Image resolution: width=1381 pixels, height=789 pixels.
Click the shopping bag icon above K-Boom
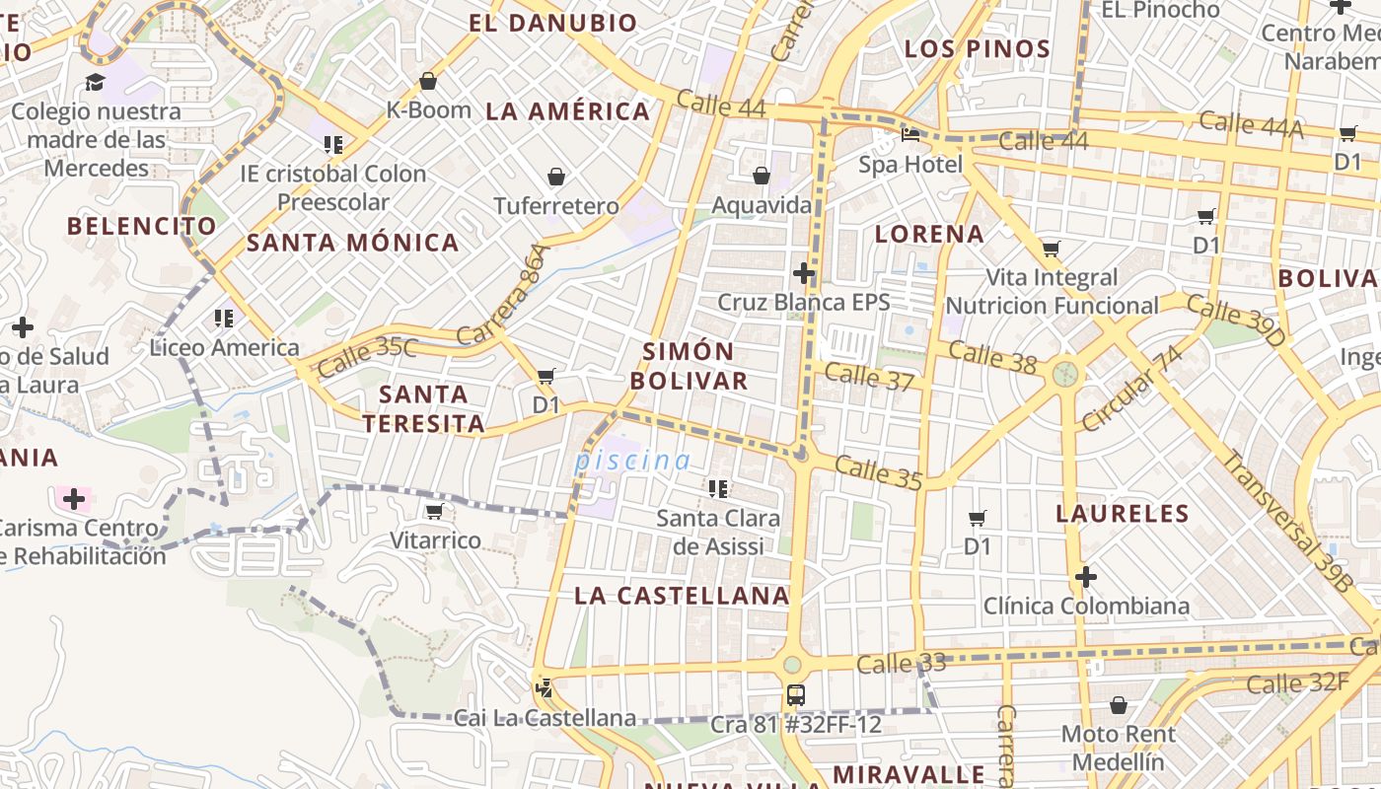(x=428, y=81)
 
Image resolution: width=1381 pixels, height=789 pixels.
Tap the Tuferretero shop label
(x=556, y=206)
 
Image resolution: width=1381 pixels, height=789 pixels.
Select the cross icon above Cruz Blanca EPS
(x=804, y=273)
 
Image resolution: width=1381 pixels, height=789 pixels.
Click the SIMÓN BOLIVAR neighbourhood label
(x=689, y=366)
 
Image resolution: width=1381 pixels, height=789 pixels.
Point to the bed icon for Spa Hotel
(x=909, y=135)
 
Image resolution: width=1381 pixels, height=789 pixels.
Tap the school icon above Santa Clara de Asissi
(x=718, y=488)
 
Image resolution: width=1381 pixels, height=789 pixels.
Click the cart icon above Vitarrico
(x=434, y=511)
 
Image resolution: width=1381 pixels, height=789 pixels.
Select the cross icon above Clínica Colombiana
(x=1086, y=576)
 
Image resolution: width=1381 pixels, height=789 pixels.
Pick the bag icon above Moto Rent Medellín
(x=1118, y=705)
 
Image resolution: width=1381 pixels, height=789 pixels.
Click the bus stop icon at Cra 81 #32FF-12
(x=796, y=695)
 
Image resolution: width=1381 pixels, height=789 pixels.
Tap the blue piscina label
(x=633, y=461)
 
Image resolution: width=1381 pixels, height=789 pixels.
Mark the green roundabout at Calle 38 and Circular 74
(x=1064, y=374)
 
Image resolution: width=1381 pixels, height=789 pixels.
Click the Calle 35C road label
(x=367, y=356)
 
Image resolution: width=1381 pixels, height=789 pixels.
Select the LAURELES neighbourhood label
(x=1123, y=513)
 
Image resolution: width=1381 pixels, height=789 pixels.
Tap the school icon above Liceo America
(x=224, y=319)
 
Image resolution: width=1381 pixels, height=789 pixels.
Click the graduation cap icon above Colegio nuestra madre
(x=96, y=82)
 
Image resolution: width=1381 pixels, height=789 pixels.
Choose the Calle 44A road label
(x=1251, y=124)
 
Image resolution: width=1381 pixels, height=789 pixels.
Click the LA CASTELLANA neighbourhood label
(x=682, y=596)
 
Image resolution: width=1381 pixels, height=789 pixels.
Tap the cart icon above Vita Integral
(x=1051, y=249)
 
